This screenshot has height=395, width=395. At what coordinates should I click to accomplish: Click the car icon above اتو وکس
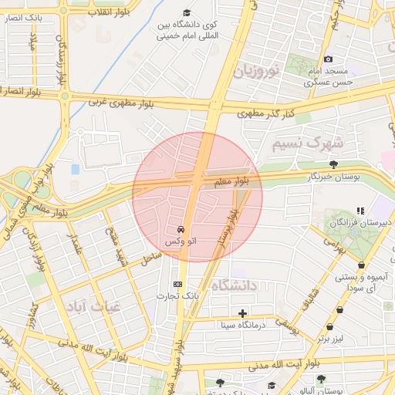point(180,230)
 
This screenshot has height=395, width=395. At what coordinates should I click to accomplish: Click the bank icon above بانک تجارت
point(179,284)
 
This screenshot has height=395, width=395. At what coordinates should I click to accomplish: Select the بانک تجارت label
point(179,295)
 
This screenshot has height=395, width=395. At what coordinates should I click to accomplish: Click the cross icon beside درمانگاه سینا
point(243,313)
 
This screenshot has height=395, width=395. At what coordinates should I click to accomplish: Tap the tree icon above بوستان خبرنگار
point(333,164)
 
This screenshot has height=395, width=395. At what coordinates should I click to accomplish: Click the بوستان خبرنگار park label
point(334,177)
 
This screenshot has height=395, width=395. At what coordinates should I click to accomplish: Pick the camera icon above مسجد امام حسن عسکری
point(328,59)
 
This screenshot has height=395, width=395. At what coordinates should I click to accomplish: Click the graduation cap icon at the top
point(186,13)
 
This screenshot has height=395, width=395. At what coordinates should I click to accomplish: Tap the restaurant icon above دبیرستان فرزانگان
point(360,210)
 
